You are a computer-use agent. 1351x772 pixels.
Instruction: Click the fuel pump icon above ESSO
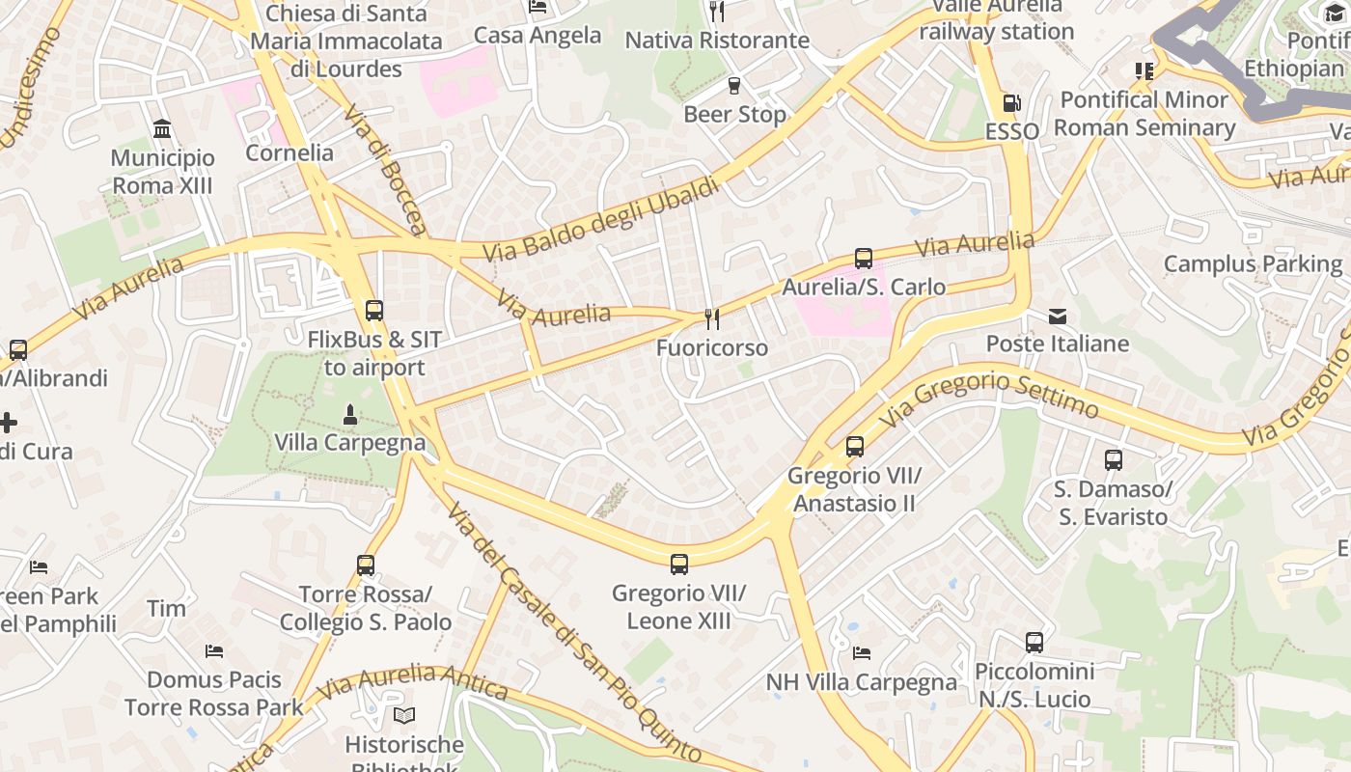click(x=1011, y=103)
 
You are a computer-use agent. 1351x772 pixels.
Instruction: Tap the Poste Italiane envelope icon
click(x=1058, y=317)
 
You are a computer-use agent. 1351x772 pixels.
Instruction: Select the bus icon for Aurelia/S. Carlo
click(x=863, y=259)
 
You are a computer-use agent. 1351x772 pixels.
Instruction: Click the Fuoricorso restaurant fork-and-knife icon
click(x=712, y=319)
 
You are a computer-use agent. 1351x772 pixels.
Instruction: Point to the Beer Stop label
click(x=734, y=114)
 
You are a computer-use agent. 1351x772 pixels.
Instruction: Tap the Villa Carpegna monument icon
click(x=349, y=415)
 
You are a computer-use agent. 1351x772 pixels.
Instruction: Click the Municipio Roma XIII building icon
click(x=162, y=129)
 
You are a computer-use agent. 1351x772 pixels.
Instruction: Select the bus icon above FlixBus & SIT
click(x=373, y=311)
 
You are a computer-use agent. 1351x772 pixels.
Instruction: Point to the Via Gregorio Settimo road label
click(x=989, y=396)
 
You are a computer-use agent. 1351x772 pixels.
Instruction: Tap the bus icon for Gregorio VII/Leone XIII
click(x=679, y=565)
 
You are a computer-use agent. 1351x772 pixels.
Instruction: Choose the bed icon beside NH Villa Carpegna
click(x=862, y=653)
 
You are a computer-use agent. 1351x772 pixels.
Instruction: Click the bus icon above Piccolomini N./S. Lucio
click(x=1034, y=642)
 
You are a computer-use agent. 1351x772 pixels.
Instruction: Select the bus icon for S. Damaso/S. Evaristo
click(x=1114, y=460)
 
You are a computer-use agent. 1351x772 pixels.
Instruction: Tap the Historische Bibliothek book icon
click(x=404, y=716)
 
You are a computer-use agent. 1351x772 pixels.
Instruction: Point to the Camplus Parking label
click(x=1253, y=263)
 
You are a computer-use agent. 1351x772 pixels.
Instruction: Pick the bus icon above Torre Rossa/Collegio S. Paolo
click(x=365, y=565)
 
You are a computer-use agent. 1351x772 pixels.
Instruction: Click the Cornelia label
click(x=289, y=152)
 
